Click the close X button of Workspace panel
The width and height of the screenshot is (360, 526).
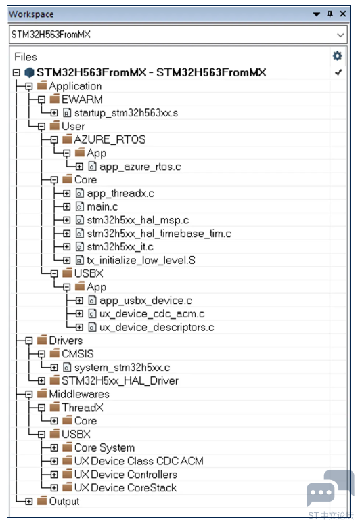pyautogui.click(x=342, y=14)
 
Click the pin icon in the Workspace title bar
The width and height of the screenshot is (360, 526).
pyautogui.click(x=330, y=14)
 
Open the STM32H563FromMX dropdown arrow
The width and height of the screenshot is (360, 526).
pyautogui.click(x=340, y=35)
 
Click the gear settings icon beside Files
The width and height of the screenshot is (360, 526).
pyautogui.click(x=337, y=56)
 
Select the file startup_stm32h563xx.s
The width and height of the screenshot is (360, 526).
pyautogui.click(x=126, y=113)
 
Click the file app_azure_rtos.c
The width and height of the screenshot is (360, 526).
pyautogui.click(x=140, y=167)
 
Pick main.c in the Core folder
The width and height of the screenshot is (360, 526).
pyautogui.click(x=102, y=206)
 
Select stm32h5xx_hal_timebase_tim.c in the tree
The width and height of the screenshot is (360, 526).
pyautogui.click(x=159, y=234)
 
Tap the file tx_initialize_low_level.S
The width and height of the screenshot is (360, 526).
pyautogui.click(x=141, y=261)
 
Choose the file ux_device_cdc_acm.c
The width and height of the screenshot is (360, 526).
pyautogui.click(x=152, y=314)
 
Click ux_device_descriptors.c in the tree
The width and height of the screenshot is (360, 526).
pyautogui.click(x=156, y=328)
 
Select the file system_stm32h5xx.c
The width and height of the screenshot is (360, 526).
pyautogui.click(x=122, y=368)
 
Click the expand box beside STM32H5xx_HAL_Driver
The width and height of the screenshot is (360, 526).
pyautogui.click(x=41, y=380)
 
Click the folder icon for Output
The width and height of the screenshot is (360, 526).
pyautogui.click(x=42, y=501)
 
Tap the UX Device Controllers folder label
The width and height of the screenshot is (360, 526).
pyautogui.click(x=125, y=475)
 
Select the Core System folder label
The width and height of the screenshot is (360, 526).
pyautogui.click(x=104, y=448)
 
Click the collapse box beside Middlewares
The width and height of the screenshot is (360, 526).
pyautogui.click(x=29, y=394)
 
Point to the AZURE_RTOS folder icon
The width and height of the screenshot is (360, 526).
pyautogui.click(x=67, y=139)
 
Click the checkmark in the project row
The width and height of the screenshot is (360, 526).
pyautogui.click(x=338, y=72)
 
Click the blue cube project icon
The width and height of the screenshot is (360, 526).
pyautogui.click(x=30, y=72)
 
